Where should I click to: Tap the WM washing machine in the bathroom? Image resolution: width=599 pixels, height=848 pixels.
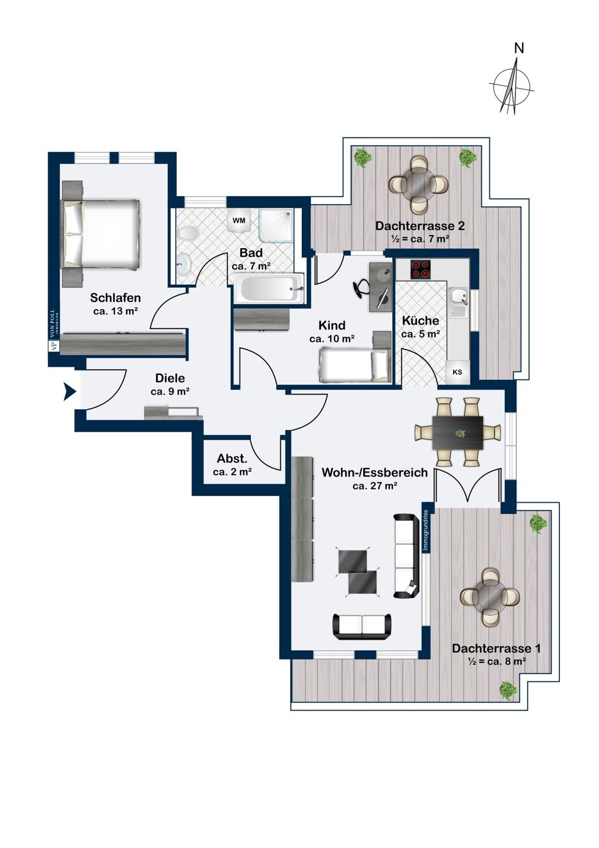click(238, 220)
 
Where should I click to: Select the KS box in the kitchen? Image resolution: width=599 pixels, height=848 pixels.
click(458, 372)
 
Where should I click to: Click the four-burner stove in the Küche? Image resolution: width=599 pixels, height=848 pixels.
click(421, 269)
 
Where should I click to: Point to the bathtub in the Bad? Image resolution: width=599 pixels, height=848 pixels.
click(270, 288)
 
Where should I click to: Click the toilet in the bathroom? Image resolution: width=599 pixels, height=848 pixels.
click(186, 232)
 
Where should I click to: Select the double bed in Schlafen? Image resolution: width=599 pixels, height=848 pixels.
click(101, 235)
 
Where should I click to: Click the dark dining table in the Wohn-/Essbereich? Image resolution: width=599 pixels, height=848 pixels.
click(458, 432)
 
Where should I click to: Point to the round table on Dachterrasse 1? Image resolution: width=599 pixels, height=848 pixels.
click(489, 597)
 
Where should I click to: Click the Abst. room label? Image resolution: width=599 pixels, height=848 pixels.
click(232, 459)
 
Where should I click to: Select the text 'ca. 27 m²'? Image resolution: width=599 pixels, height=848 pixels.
click(375, 486)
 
